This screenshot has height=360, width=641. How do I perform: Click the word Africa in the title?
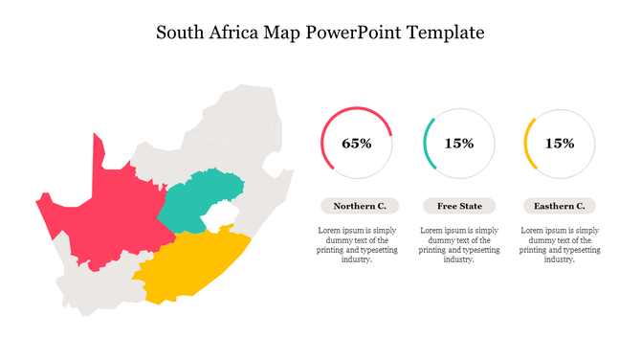[236, 33]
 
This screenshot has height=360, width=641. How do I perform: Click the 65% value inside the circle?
[356, 144]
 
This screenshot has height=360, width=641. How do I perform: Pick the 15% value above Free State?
[459, 144]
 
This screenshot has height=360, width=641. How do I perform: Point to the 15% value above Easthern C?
[560, 144]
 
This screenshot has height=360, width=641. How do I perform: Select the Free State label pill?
[459, 206]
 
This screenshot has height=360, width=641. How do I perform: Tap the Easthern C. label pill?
[560, 206]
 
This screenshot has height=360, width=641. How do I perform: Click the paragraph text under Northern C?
[356, 244]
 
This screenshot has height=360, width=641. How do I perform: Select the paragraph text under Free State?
[459, 244]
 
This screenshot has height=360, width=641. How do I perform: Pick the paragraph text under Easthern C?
[560, 244]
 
